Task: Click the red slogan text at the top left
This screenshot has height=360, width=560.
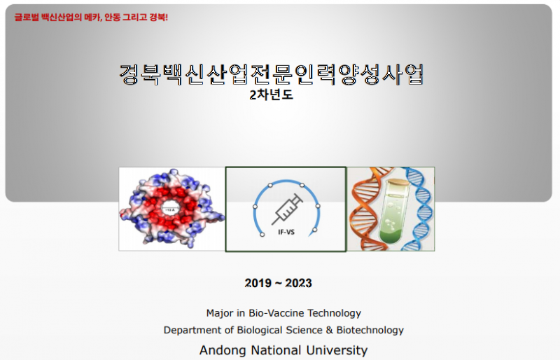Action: coord(91,17)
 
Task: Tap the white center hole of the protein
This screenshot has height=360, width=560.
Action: coord(170,209)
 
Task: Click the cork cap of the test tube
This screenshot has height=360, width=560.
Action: coord(399,181)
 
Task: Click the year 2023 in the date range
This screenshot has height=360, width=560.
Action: coord(299,284)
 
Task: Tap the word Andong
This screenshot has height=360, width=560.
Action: coord(222,350)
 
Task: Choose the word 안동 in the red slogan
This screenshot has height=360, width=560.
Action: coord(112,17)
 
